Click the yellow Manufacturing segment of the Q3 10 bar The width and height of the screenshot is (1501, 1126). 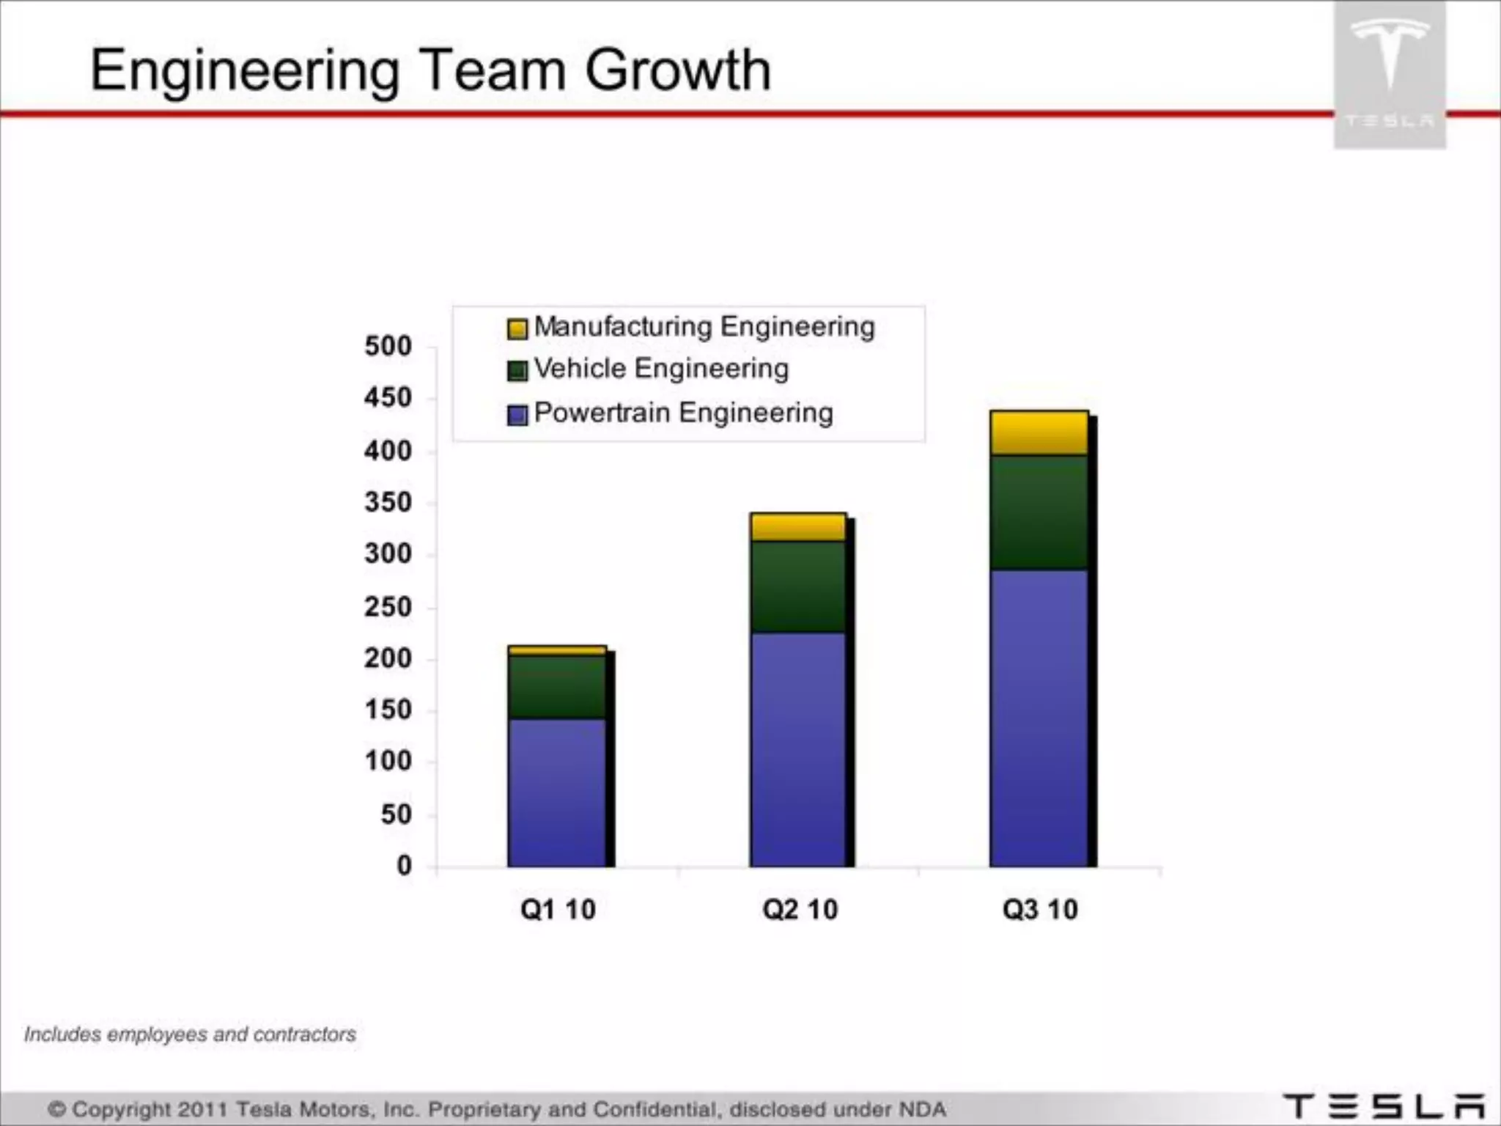pos(1039,433)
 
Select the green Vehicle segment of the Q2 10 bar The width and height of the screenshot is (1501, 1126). pos(798,586)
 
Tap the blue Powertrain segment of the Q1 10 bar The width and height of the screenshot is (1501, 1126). pos(557,792)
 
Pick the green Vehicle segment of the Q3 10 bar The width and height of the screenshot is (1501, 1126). pos(1039,512)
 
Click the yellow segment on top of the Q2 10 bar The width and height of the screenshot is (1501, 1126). pos(798,527)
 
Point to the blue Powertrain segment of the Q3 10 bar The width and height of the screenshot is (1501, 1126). pos(1039,718)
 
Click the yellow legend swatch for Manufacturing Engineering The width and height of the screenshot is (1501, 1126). pos(517,328)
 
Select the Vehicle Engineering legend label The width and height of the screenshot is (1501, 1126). pos(661,369)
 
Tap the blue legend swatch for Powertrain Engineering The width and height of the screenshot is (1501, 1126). pos(517,416)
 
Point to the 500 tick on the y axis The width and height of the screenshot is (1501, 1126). pos(388,346)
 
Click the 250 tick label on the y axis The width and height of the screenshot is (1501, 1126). pos(388,607)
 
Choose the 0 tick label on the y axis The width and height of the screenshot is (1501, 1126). pos(404,866)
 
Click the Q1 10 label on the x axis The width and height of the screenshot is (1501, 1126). pos(558,910)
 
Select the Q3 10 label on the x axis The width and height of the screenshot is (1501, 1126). pos(1040,910)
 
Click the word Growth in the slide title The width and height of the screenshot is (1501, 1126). pos(678,70)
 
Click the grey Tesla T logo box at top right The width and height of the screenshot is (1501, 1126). pos(1390,73)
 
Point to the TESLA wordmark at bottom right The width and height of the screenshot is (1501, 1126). pos(1384,1107)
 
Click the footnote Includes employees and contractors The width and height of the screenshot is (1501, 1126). pos(190,1034)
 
